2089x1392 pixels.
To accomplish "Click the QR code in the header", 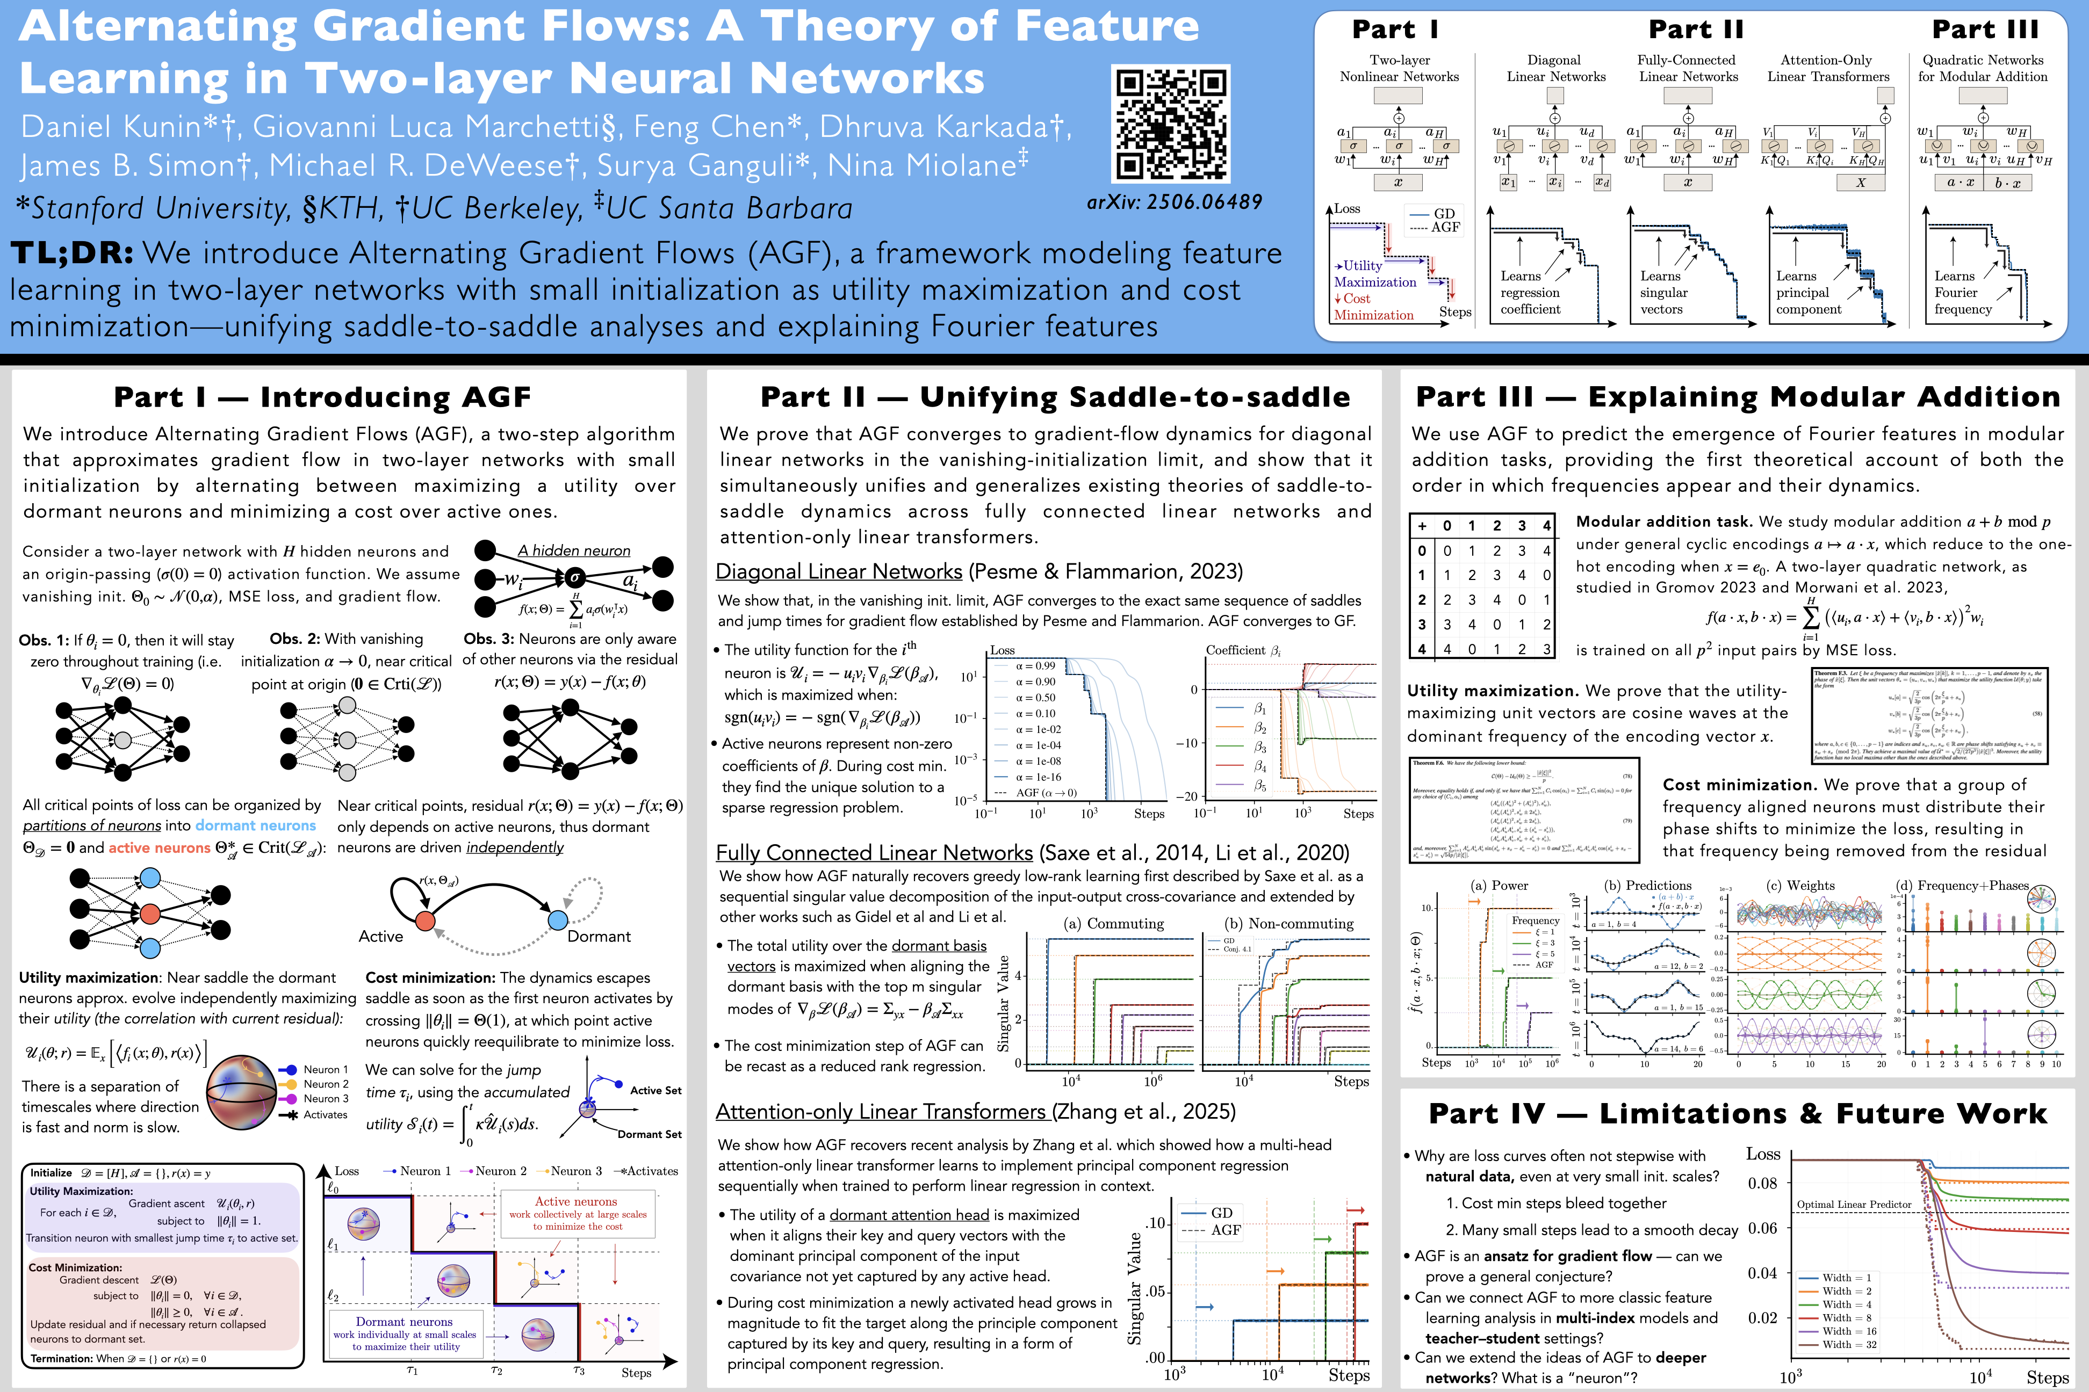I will click(1171, 124).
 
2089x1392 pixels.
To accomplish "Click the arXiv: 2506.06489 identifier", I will click(1174, 202).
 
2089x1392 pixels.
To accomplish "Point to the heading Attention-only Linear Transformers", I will click(884, 1112).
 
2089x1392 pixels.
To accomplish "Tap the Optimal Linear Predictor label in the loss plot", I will click(1854, 1205).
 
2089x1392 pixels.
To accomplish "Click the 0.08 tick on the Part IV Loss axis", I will click(1762, 1184).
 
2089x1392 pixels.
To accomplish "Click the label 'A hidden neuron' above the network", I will click(574, 550).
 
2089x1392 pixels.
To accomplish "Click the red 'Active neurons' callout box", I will click(577, 1214).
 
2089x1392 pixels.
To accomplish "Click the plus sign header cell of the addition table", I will click(1422, 526).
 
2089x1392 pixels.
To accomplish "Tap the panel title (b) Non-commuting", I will click(1289, 923).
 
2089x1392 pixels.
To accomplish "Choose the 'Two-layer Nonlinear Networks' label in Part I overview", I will click(1399, 68).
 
